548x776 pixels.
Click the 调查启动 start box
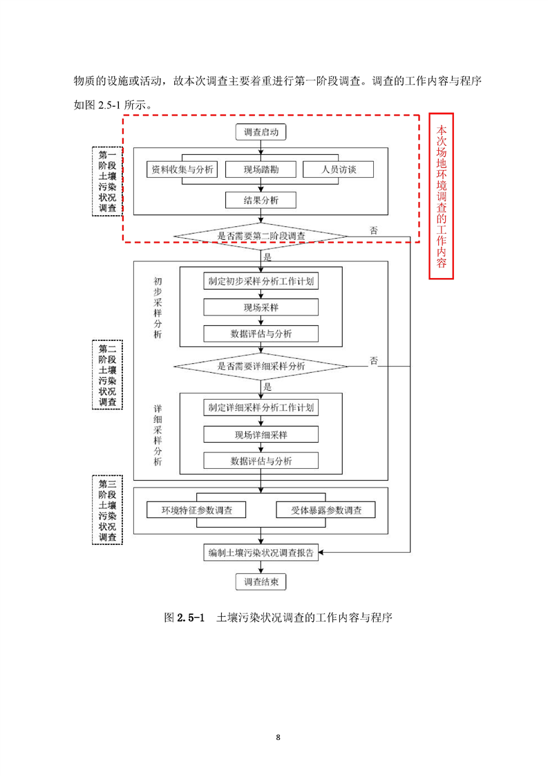pyautogui.click(x=261, y=131)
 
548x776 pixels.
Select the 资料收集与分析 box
pyautogui.click(x=182, y=169)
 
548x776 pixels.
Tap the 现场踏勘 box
pyautogui.click(x=261, y=169)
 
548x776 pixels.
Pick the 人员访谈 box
pyautogui.click(x=338, y=169)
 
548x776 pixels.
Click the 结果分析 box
pyautogui.click(x=261, y=201)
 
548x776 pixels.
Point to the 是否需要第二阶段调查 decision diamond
pyautogui.click(x=261, y=237)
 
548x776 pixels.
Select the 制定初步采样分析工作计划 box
pyautogui.click(x=261, y=281)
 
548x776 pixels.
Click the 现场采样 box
pyautogui.click(x=261, y=307)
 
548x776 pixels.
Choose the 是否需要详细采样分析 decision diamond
pyautogui.click(x=261, y=366)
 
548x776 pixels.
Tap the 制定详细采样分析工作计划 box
pyautogui.click(x=261, y=408)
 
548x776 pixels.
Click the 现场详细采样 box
pyautogui.click(x=261, y=434)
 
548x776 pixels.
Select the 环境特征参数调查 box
pyautogui.click(x=197, y=510)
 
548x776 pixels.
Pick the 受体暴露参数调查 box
pyautogui.click(x=325, y=510)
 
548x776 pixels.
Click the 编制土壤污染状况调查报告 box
pyautogui.click(x=261, y=553)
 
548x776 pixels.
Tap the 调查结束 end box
pyautogui.click(x=261, y=582)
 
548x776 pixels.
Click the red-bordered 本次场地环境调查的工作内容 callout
pyautogui.click(x=442, y=196)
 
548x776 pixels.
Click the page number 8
pyautogui.click(x=278, y=737)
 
